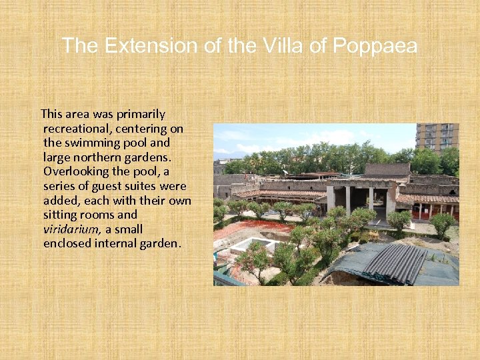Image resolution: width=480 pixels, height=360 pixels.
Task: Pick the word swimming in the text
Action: click(91, 143)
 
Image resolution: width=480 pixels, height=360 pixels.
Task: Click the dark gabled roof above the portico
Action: click(387, 169)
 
